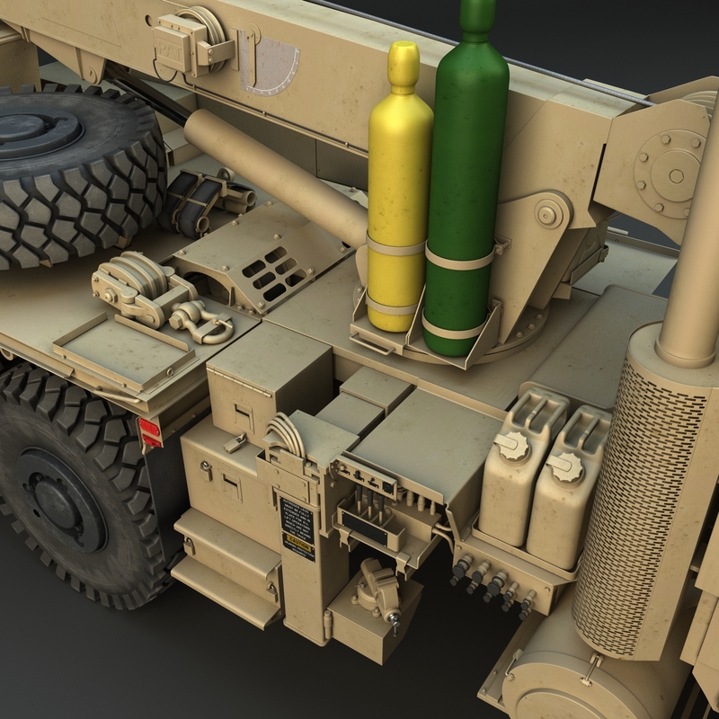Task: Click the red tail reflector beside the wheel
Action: click(150, 432)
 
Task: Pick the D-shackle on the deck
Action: click(195, 318)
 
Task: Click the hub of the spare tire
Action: click(40, 135)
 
